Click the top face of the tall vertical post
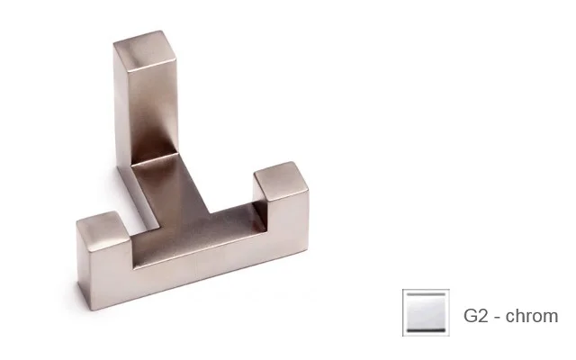coord(146,49)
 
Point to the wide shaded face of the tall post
coord(154,110)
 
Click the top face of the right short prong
coord(281,181)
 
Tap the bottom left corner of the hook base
coord(90,310)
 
